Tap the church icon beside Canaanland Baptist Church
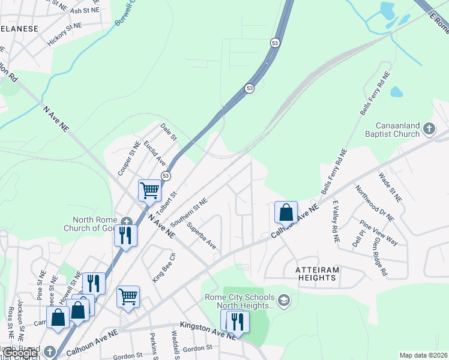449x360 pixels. coord(429,128)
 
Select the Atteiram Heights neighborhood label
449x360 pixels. coord(317,274)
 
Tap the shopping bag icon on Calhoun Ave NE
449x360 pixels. coord(286,212)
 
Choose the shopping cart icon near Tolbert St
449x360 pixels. coord(149,191)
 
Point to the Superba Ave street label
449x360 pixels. coord(201,236)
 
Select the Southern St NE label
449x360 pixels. coord(188,212)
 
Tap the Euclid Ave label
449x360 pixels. coord(154,153)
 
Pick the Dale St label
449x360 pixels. coord(169,132)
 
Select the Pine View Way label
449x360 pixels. coord(379,233)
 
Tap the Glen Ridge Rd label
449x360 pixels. coord(379,255)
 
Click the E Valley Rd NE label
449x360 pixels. coord(335,221)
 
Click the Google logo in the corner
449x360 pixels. coord(20,353)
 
